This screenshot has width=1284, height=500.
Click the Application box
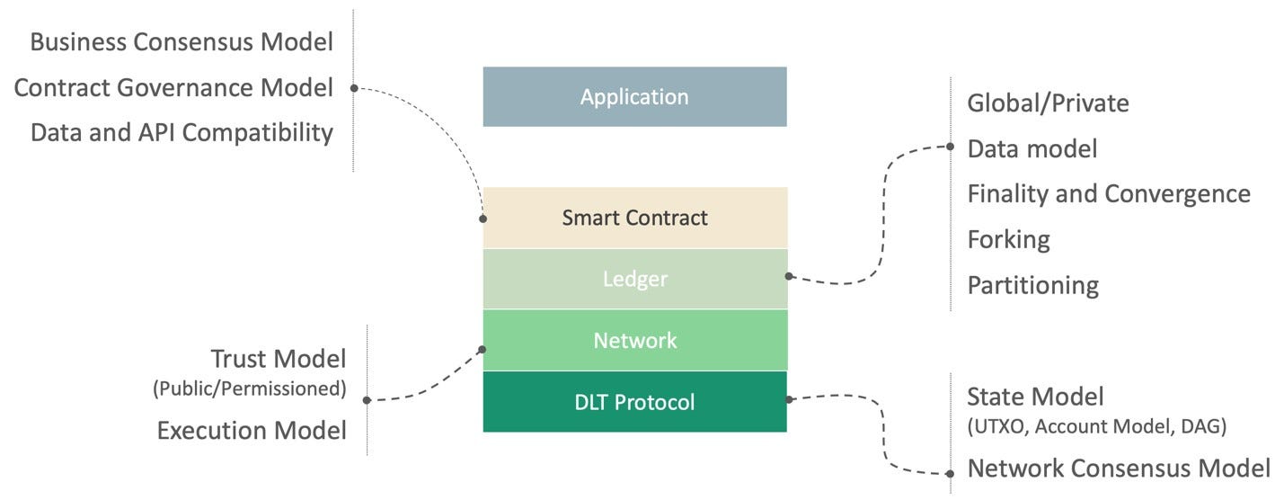634,96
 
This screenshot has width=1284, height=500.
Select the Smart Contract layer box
634,218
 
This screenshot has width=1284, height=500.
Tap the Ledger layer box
634,279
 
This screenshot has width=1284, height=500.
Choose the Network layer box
634,341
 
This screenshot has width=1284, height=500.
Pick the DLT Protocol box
634,402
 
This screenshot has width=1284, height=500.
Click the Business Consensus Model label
182,41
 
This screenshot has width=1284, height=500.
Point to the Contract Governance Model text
173,88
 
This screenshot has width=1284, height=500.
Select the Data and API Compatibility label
182,133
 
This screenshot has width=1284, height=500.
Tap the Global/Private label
1048,103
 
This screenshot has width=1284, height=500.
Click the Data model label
1032,148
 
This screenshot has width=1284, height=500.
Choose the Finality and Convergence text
1108,193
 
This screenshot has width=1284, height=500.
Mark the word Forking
1008,239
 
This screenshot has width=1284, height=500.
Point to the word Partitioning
1032,285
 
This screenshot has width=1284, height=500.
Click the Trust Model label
278,359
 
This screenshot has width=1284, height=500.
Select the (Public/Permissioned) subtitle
250,389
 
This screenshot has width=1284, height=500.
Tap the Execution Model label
252,430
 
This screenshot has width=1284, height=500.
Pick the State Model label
1035,396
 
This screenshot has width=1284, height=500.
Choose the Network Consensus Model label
1119,468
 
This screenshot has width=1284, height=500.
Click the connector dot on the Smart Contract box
483,219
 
